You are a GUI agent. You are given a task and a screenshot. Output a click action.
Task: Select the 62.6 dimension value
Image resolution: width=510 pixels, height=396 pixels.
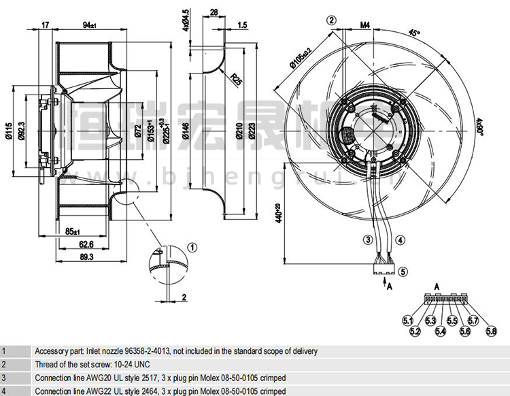click(x=86, y=245)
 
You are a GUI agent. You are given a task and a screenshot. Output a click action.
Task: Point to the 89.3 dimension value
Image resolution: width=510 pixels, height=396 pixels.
click(x=86, y=257)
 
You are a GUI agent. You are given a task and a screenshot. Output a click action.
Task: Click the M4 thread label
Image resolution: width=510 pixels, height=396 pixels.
click(x=364, y=25)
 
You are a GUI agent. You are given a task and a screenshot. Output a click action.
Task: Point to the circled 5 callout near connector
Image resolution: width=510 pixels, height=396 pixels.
click(x=403, y=271)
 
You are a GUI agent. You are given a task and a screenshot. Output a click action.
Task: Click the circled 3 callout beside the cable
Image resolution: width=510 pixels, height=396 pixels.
click(x=367, y=239)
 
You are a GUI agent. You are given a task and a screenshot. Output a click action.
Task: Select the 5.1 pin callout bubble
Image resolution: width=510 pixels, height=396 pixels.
click(x=408, y=319)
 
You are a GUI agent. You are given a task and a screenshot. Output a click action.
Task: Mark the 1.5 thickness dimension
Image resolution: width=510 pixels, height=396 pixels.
click(x=243, y=25)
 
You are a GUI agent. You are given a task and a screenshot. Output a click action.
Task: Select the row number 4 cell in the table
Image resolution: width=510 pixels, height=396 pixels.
click(x=3, y=391)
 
